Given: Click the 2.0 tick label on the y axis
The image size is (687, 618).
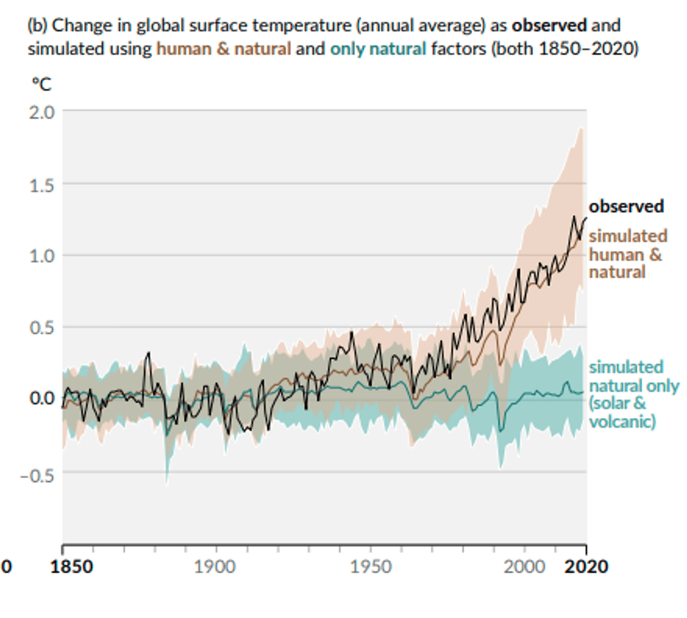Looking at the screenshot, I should point(42,112).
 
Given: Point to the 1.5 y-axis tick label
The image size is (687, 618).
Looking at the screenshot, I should point(42,185).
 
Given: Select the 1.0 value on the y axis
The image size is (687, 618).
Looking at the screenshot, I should point(42,255).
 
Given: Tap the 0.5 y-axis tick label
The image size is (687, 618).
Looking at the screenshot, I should point(42,327).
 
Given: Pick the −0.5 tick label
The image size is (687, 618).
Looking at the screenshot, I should point(37,475).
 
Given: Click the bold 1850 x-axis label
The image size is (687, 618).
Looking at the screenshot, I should point(71,566).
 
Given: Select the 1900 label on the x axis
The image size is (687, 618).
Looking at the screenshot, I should point(214,566).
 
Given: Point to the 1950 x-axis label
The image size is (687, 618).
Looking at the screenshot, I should point(370,566).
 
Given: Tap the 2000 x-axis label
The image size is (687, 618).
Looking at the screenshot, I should point(524,566).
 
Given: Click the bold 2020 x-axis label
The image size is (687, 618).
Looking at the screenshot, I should point(586,566).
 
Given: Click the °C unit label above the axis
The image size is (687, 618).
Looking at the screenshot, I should point(41,84).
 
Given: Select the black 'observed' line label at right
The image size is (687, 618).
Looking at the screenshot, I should point(626,206).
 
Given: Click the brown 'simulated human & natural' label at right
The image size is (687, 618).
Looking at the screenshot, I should point(627,253).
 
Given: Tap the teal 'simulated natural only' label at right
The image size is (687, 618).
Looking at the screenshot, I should point(633,394).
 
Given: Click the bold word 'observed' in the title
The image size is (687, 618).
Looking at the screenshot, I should point(549,26).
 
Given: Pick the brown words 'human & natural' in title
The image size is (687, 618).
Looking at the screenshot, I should point(223,49).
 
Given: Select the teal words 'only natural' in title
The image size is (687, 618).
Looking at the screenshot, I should point(378,49).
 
